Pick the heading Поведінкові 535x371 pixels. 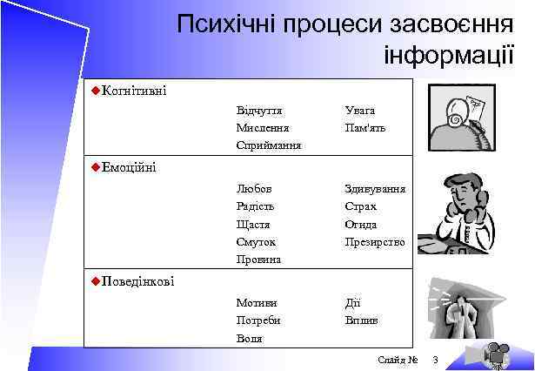tap(137, 280)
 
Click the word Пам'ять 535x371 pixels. tap(364, 128)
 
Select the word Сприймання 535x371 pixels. tap(268, 145)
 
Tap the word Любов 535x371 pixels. tap(253, 188)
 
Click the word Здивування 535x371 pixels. tap(375, 188)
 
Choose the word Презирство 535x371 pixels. tap(374, 241)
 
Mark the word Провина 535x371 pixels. tap(258, 260)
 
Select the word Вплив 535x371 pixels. tap(361, 320)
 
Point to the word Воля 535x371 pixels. tap(249, 339)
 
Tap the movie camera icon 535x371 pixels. tap(497, 354)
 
